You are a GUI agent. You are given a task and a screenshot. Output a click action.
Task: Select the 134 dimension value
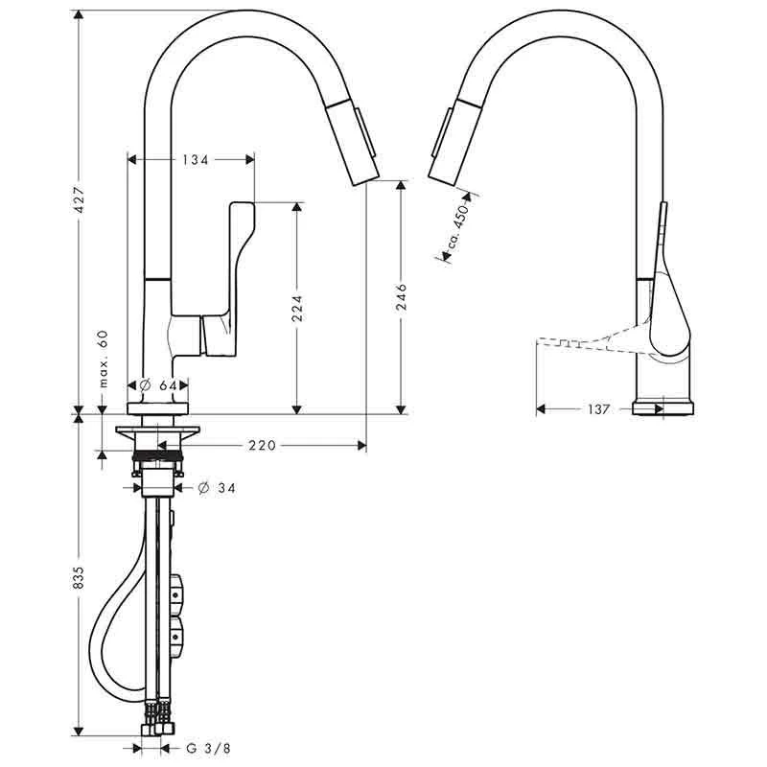click(x=195, y=160)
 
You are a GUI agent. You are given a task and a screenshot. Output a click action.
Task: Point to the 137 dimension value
click(x=597, y=409)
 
